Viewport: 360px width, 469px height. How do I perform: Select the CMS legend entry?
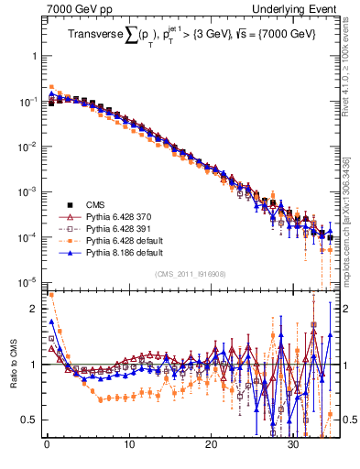coord(96,204)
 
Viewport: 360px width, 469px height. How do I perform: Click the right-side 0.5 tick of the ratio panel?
coord(345,420)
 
